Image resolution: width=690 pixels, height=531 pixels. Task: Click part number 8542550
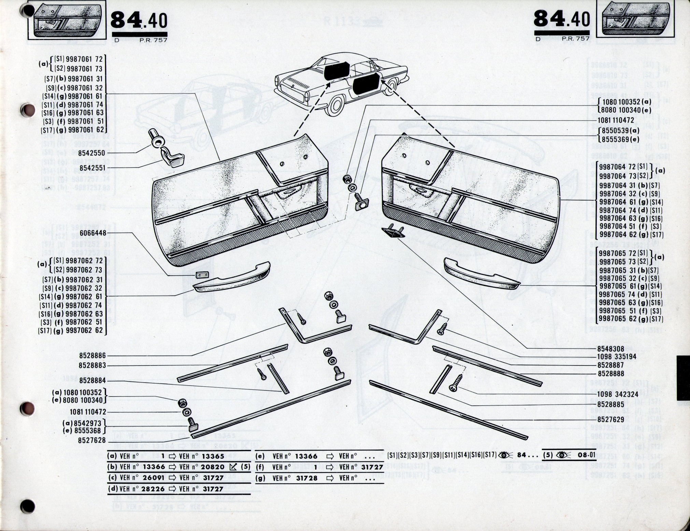(91, 154)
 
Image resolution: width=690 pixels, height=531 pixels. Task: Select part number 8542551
(91, 168)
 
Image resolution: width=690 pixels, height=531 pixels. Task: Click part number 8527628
(92, 441)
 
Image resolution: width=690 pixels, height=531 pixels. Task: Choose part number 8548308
(610, 349)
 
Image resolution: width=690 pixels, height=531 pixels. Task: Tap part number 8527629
(610, 419)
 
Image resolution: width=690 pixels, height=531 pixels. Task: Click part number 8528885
(610, 405)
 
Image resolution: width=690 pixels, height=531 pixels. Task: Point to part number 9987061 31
(85, 79)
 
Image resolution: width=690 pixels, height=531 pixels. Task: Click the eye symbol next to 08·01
(564, 455)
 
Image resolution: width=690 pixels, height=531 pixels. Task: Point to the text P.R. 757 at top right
(576, 39)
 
